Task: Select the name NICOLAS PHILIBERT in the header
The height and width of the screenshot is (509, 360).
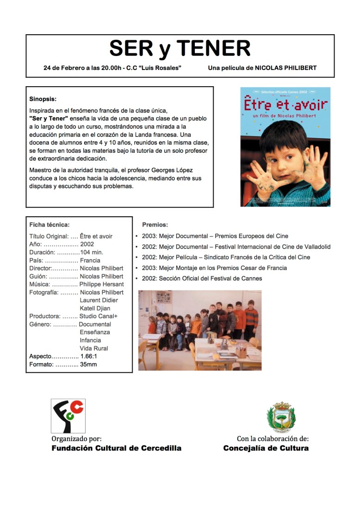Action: [x=288, y=68]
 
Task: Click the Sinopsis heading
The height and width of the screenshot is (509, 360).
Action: [x=43, y=99]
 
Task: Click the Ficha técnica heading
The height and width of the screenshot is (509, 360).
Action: [x=49, y=225]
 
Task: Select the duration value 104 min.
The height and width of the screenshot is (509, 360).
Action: [x=92, y=252]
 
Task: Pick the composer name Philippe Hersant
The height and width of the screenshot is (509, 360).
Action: [x=102, y=284]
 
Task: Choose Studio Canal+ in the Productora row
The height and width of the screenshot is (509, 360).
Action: [x=99, y=316]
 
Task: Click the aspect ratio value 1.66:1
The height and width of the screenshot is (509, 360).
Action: [x=88, y=357]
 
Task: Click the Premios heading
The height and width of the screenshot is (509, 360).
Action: [x=155, y=225]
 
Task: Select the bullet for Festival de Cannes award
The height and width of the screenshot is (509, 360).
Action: [x=137, y=279]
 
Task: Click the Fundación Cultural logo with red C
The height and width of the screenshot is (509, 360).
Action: [x=68, y=415]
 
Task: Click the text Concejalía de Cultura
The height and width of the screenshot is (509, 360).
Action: [x=266, y=448]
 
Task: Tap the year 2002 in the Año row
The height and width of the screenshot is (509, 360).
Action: [x=87, y=245]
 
